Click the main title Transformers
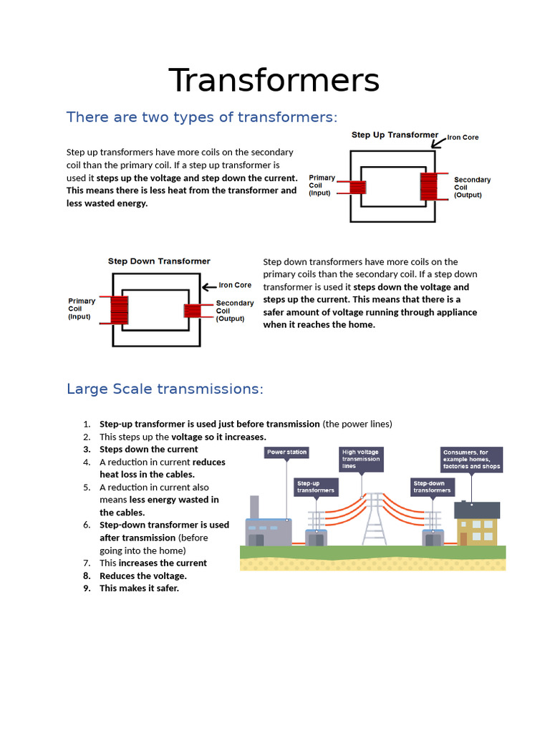(274, 80)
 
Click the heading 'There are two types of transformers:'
(201, 117)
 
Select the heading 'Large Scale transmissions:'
(165, 389)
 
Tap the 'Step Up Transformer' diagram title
(395, 135)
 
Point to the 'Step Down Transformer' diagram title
(159, 261)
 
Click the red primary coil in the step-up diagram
(357, 187)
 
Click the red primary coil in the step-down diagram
(119, 311)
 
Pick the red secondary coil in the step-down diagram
(193, 311)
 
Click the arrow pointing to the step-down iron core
(209, 286)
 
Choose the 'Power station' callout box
(286, 452)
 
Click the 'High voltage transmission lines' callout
(361, 459)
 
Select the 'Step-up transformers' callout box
(315, 487)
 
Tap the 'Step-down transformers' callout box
(432, 487)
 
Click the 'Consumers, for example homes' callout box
(471, 460)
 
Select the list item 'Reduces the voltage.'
(143, 576)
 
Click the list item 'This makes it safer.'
(139, 588)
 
